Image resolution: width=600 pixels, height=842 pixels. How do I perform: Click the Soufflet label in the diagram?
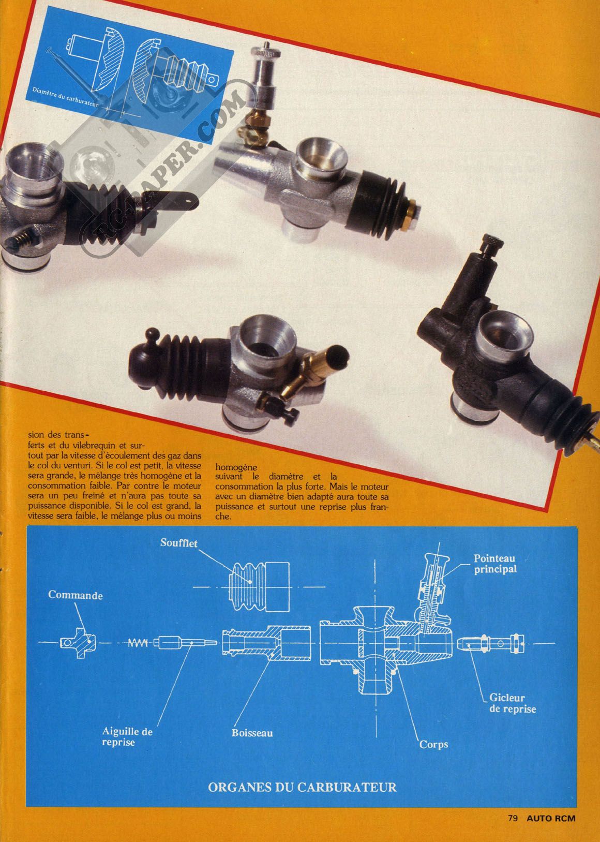(178, 543)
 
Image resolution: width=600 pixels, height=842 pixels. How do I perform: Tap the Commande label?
(75, 595)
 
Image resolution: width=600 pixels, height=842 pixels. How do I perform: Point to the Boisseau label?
(252, 733)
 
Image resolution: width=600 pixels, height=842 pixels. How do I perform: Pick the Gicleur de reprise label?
(513, 703)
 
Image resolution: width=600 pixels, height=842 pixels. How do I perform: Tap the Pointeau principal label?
(495, 564)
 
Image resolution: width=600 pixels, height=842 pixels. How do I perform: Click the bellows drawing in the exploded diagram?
(260, 587)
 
